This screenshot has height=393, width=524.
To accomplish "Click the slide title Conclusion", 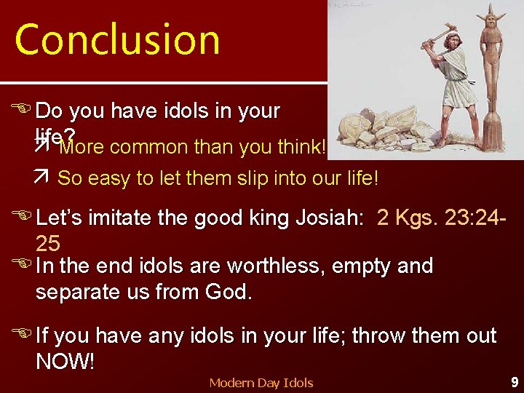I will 117,40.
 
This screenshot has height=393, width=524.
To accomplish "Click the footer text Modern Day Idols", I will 261,382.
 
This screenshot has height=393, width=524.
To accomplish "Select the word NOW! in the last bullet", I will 65,362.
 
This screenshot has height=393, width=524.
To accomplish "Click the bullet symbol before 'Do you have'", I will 23,111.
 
